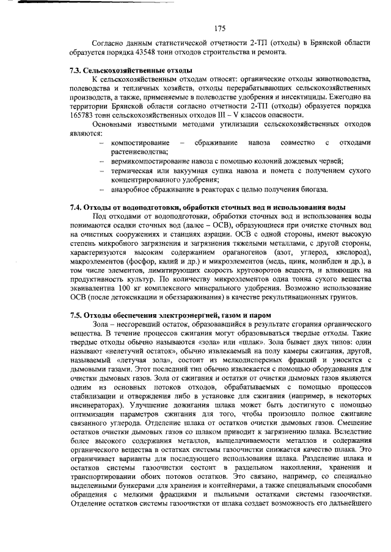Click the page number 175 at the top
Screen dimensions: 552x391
[221, 27]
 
